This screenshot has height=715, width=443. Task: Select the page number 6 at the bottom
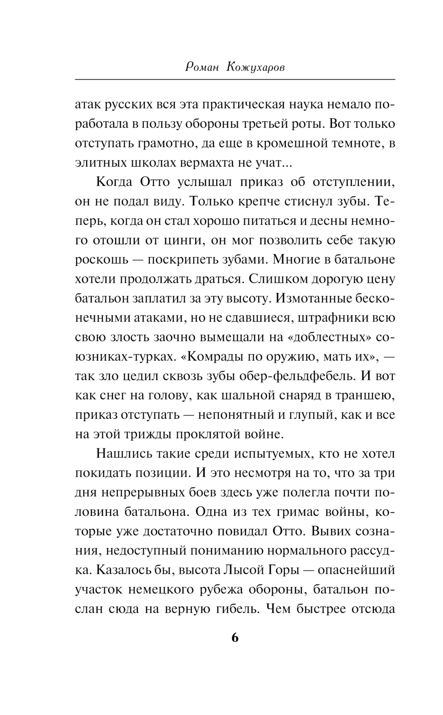pyautogui.click(x=235, y=638)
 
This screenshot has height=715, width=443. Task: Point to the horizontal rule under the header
pyautogui.click(x=235, y=80)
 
